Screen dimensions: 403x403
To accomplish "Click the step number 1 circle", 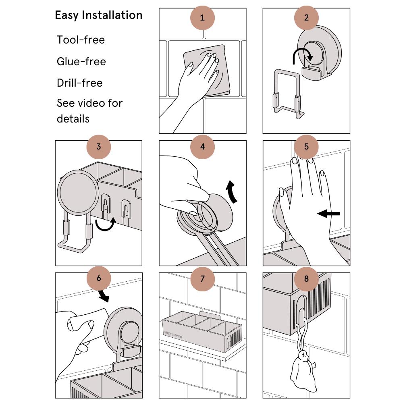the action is (x=202, y=18).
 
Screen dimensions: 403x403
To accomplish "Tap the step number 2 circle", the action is (x=306, y=18).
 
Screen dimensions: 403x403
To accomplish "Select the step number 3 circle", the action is (x=98, y=147).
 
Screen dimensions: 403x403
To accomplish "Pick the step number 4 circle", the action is (x=202, y=147).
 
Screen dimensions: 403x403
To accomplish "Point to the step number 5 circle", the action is (x=306, y=147).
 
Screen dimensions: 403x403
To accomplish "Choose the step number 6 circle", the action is (x=98, y=278).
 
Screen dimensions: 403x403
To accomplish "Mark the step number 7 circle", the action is (x=202, y=278).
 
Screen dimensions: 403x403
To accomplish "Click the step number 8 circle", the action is (x=306, y=278).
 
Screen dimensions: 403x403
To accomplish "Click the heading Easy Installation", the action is (x=98, y=15).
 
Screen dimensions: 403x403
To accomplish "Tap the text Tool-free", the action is (x=81, y=40).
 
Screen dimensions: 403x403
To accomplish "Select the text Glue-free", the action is (x=81, y=61).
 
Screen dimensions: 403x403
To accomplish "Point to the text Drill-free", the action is (x=80, y=83).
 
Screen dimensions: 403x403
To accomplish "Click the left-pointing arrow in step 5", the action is (x=328, y=213).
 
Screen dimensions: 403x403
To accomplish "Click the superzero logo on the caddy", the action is (x=173, y=334).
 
